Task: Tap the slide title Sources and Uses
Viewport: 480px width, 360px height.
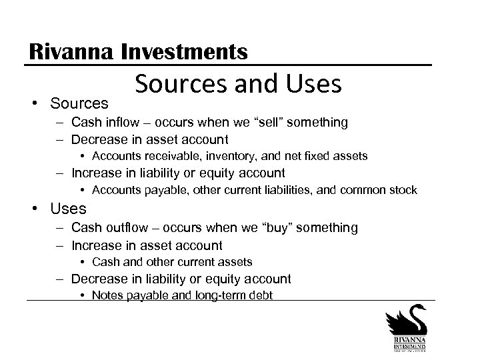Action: point(238,85)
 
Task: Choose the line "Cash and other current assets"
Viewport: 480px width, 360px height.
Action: point(172,262)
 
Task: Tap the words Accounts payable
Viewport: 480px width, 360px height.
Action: point(127,191)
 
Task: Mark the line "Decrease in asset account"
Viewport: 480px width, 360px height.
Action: point(149,139)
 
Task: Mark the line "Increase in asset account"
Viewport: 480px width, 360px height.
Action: point(147,245)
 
